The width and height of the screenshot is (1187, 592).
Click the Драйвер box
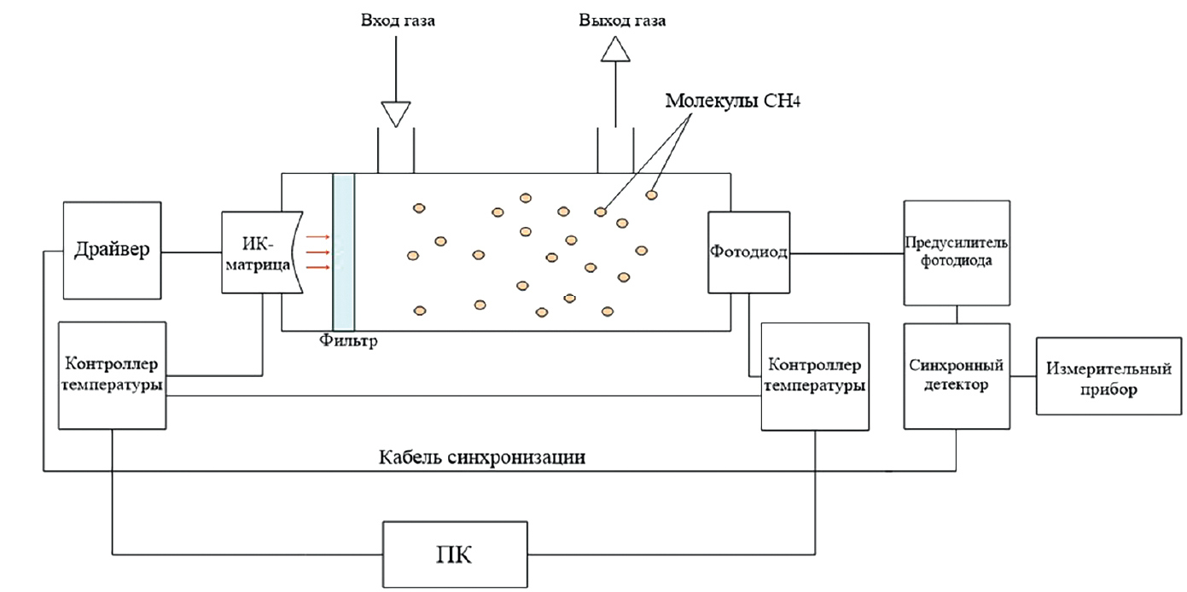point(112,250)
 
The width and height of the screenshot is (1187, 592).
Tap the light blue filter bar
point(343,251)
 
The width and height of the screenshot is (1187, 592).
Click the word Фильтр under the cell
point(348,342)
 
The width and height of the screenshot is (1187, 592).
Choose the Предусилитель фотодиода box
point(957,253)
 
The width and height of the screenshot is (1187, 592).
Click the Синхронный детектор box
point(957,375)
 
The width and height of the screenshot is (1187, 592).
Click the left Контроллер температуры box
point(112,375)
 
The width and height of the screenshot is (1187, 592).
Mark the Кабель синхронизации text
point(482,457)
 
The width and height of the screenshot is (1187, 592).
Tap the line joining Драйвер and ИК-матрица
point(191,252)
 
